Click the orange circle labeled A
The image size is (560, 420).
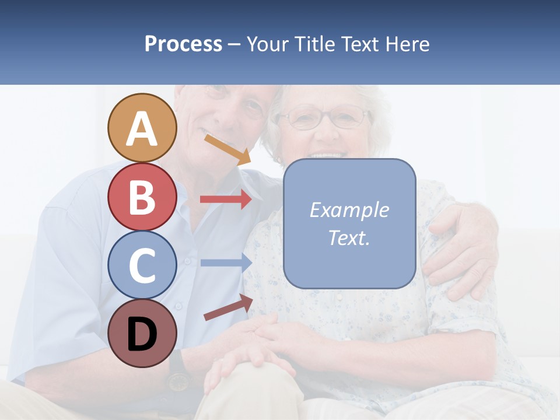tap(142, 128)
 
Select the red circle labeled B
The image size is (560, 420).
tap(142, 197)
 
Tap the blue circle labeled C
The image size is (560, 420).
tap(142, 265)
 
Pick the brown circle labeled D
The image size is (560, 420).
tap(142, 334)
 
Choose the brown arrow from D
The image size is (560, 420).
tap(228, 307)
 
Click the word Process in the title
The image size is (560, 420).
tap(183, 44)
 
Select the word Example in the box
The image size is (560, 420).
tap(349, 210)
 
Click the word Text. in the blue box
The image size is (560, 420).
tap(349, 237)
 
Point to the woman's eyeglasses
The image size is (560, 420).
tap(324, 118)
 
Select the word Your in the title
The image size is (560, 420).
tap(268, 44)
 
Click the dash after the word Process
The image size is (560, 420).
tap(235, 45)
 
